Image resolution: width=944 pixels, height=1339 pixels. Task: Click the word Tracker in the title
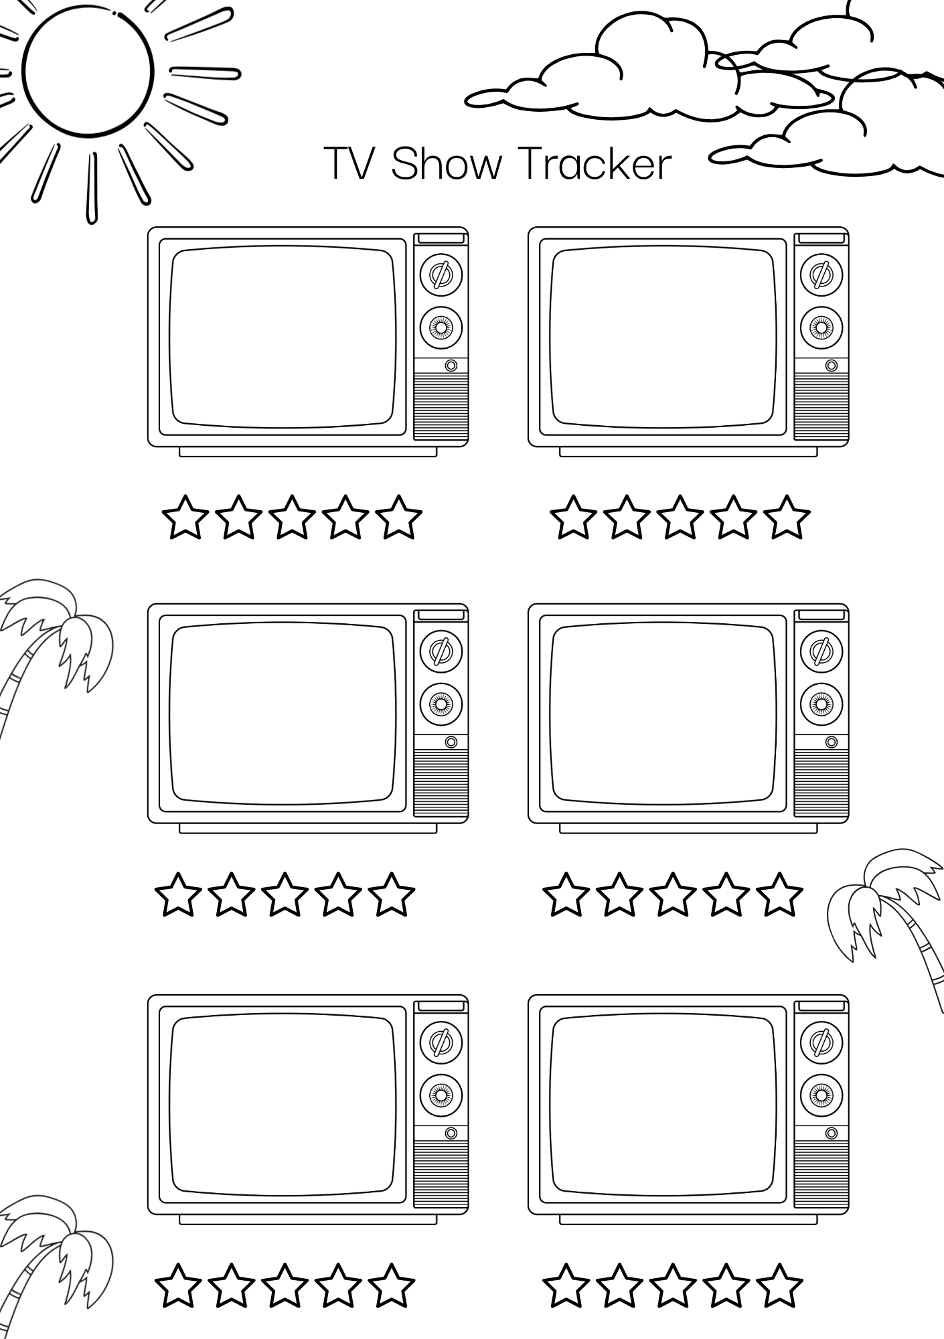pyautogui.click(x=595, y=163)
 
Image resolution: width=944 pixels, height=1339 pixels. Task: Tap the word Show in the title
pyautogui.click(x=446, y=163)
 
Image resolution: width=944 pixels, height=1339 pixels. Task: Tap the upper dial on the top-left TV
pyautogui.click(x=441, y=274)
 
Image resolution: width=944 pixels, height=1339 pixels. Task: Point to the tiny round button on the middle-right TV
pyautogui.click(x=832, y=742)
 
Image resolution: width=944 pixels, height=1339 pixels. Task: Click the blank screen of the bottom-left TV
pyautogui.click(x=282, y=1105)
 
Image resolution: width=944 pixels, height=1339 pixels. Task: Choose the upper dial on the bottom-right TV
pyautogui.click(x=821, y=1042)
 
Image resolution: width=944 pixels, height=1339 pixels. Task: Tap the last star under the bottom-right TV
pyautogui.click(x=779, y=1285)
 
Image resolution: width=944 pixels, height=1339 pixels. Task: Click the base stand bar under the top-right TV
pyautogui.click(x=688, y=452)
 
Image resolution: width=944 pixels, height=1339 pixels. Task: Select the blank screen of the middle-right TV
pyautogui.click(x=662, y=714)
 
